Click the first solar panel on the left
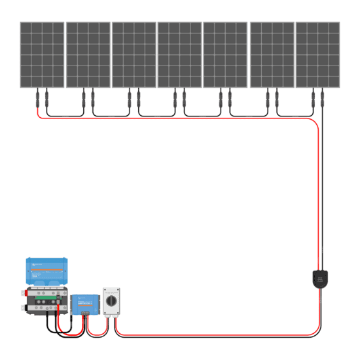[42, 54]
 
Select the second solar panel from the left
[88, 54]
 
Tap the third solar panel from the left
[134, 54]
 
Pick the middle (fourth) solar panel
[179, 54]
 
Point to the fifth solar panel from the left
[225, 54]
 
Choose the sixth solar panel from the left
[272, 54]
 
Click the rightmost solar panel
[318, 54]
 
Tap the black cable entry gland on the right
[319, 278]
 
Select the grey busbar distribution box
[44, 300]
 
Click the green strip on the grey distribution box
[45, 294]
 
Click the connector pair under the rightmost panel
[318, 100]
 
